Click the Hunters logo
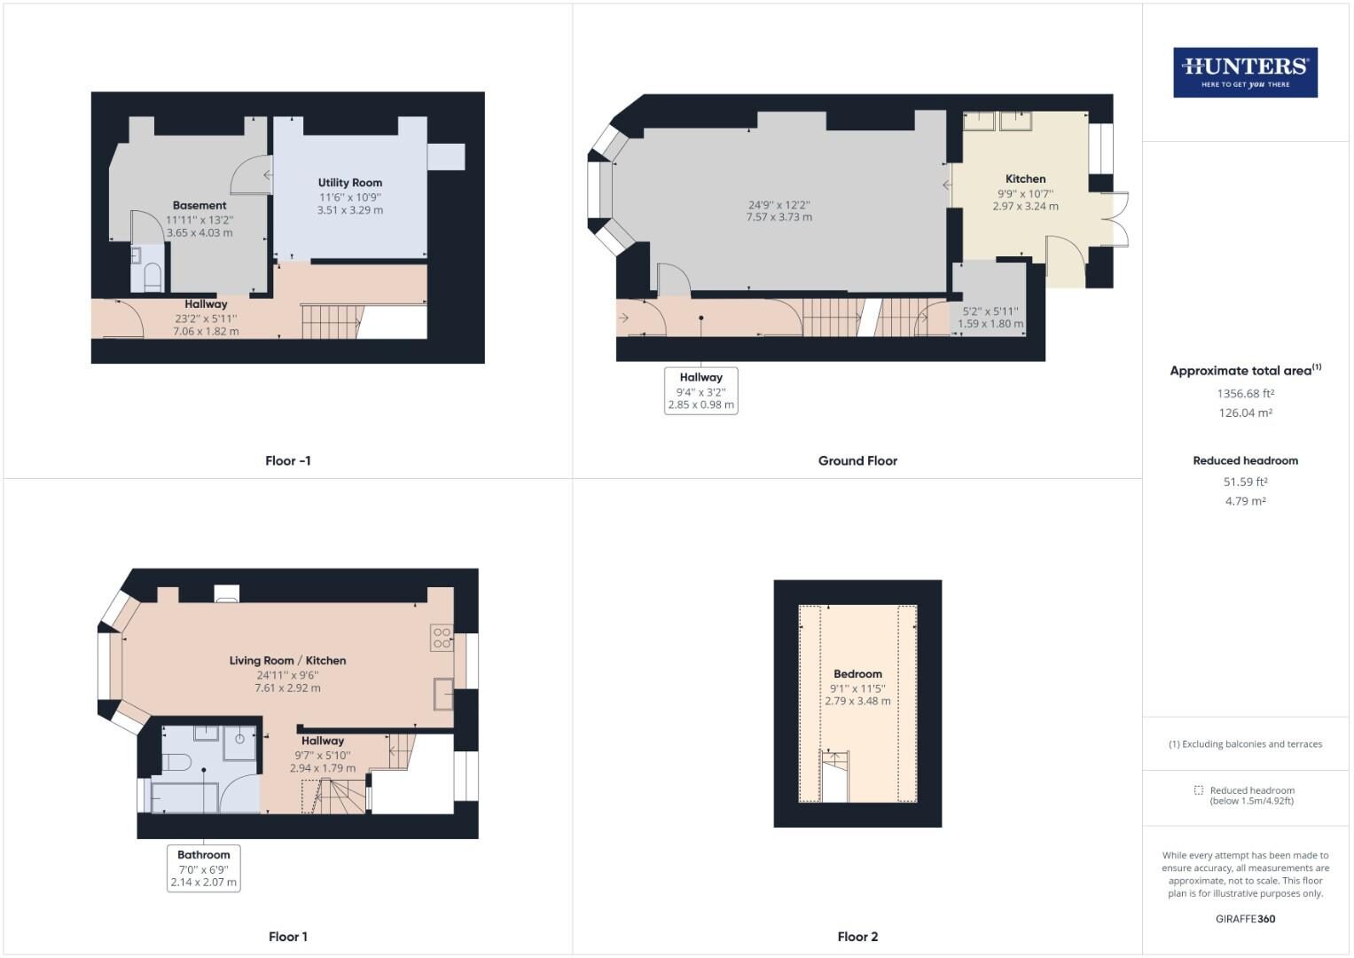(x=1245, y=73)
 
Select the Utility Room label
(x=350, y=183)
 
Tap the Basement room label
(x=200, y=205)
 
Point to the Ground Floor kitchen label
(x=1025, y=179)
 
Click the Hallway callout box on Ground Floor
(x=700, y=390)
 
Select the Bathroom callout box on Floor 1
(x=204, y=868)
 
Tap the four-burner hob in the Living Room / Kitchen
(x=442, y=638)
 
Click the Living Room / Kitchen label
(x=287, y=661)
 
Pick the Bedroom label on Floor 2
(x=857, y=674)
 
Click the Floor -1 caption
(x=287, y=460)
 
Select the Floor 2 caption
(x=857, y=937)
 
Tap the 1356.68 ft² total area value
(x=1245, y=393)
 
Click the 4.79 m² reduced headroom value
(x=1245, y=501)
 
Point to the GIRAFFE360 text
(x=1245, y=919)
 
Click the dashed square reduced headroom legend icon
(x=1199, y=790)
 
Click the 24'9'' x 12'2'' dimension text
(x=779, y=205)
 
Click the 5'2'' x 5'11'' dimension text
(x=990, y=311)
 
